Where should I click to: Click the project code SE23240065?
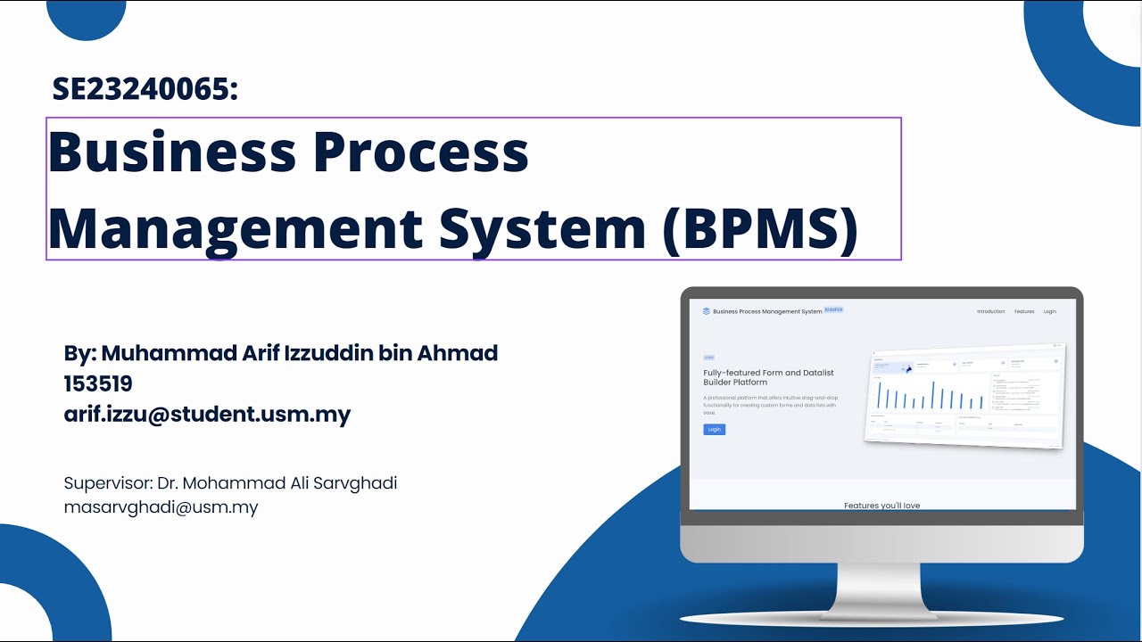tap(145, 89)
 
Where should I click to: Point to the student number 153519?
tap(98, 383)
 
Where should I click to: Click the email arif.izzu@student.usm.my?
tap(207, 415)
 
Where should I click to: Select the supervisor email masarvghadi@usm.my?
tap(161, 507)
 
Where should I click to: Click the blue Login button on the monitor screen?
tap(714, 430)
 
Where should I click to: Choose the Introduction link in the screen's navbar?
tap(990, 312)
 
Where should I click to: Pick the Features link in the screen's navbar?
tap(1024, 312)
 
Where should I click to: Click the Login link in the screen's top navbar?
tap(1050, 312)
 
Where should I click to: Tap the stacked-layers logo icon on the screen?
tap(707, 311)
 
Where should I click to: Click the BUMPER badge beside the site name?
tap(833, 310)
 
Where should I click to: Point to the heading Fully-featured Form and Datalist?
tap(768, 373)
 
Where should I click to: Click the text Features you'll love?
tap(881, 506)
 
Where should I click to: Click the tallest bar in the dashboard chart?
tap(933, 394)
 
